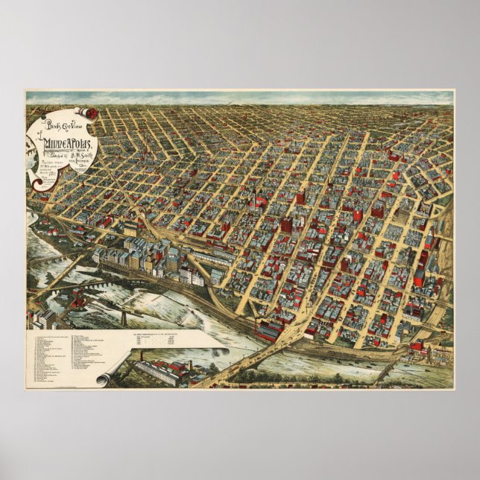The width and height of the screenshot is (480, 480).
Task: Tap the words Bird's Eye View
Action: pyautogui.click(x=66, y=119)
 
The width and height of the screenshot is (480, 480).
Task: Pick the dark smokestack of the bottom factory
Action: pyautogui.click(x=188, y=366)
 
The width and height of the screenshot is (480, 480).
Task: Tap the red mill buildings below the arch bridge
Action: pyautogui.click(x=75, y=302)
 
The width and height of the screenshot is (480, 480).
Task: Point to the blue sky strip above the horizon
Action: pyautogui.click(x=239, y=98)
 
